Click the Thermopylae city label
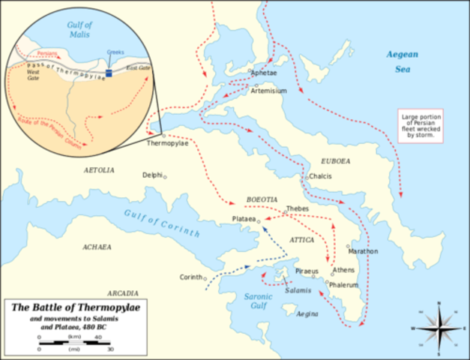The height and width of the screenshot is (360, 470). point(167,142)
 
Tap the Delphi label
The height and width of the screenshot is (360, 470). point(152,175)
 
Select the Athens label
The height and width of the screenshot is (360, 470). point(343,269)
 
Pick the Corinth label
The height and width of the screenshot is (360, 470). point(190,277)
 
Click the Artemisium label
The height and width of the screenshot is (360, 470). point(269,89)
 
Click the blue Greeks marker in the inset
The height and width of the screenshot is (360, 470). point(109,73)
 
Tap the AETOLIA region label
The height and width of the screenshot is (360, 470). point(98,170)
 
